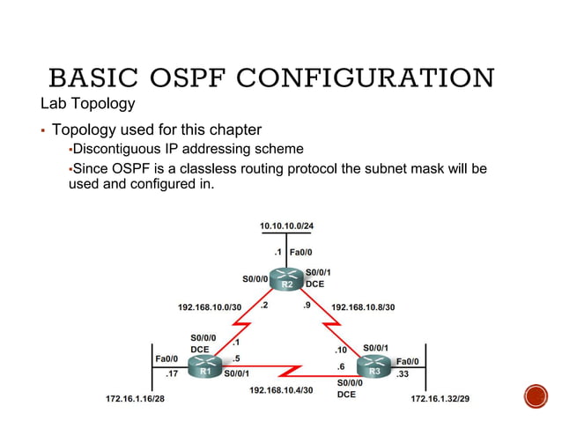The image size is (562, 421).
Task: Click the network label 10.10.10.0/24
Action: click(286, 226)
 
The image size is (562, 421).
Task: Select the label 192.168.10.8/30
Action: click(363, 307)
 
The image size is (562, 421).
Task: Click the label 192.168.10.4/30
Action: click(281, 388)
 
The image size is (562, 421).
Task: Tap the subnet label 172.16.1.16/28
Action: click(135, 399)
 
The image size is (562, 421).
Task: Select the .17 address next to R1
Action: click(172, 373)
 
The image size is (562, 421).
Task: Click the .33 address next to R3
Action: click(403, 373)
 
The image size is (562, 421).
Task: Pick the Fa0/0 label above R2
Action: click(301, 252)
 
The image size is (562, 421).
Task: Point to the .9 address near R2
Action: click(307, 306)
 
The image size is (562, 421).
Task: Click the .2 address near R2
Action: click(264, 306)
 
